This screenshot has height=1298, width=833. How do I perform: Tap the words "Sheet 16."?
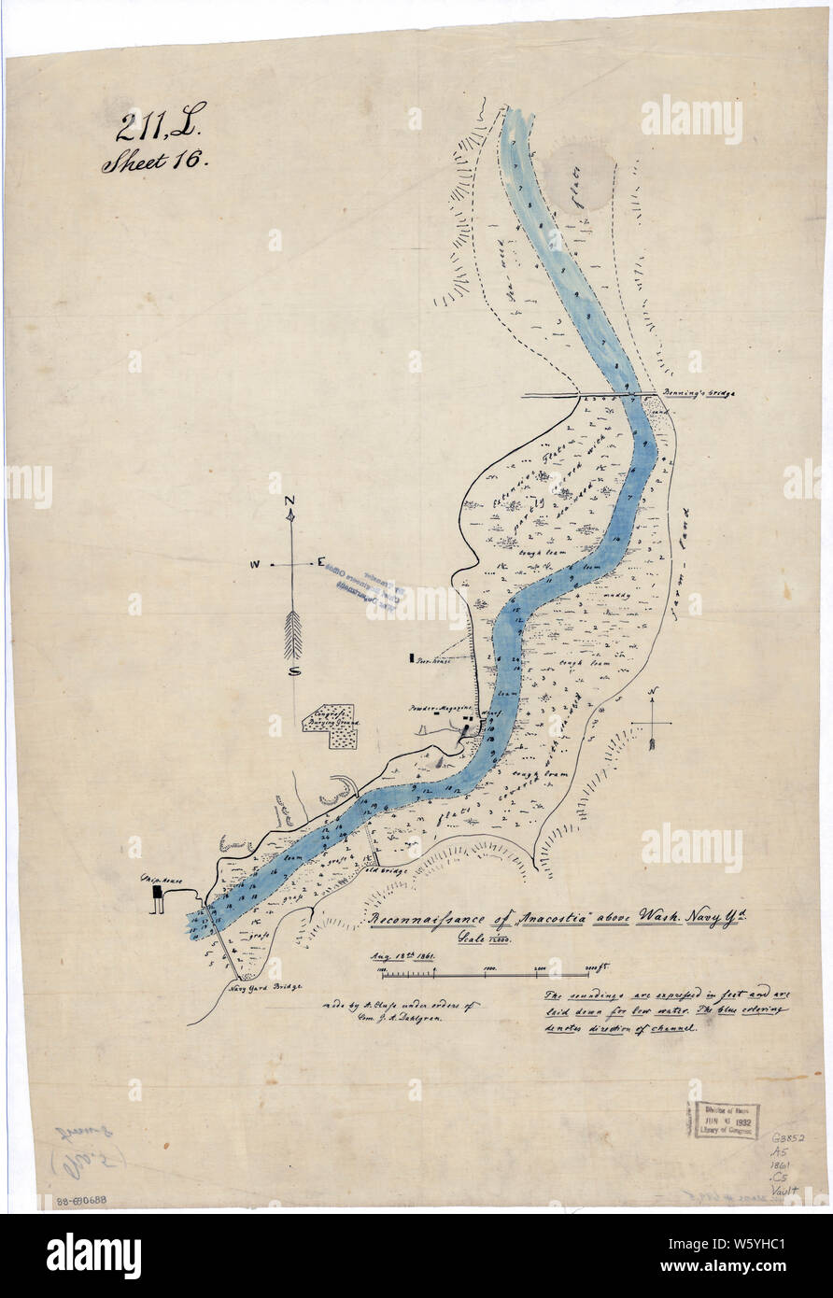coord(155,162)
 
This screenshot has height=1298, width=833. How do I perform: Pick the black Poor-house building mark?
coord(411,657)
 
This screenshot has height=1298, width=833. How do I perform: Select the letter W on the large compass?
coord(254,565)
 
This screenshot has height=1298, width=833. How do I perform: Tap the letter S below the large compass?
coord(293,670)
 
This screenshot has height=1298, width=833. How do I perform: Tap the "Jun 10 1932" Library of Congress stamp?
coord(727,1120)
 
